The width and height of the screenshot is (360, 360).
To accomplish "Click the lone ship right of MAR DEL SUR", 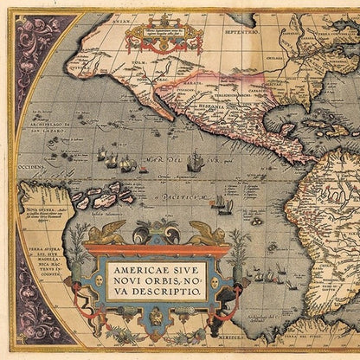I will point(196,160).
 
